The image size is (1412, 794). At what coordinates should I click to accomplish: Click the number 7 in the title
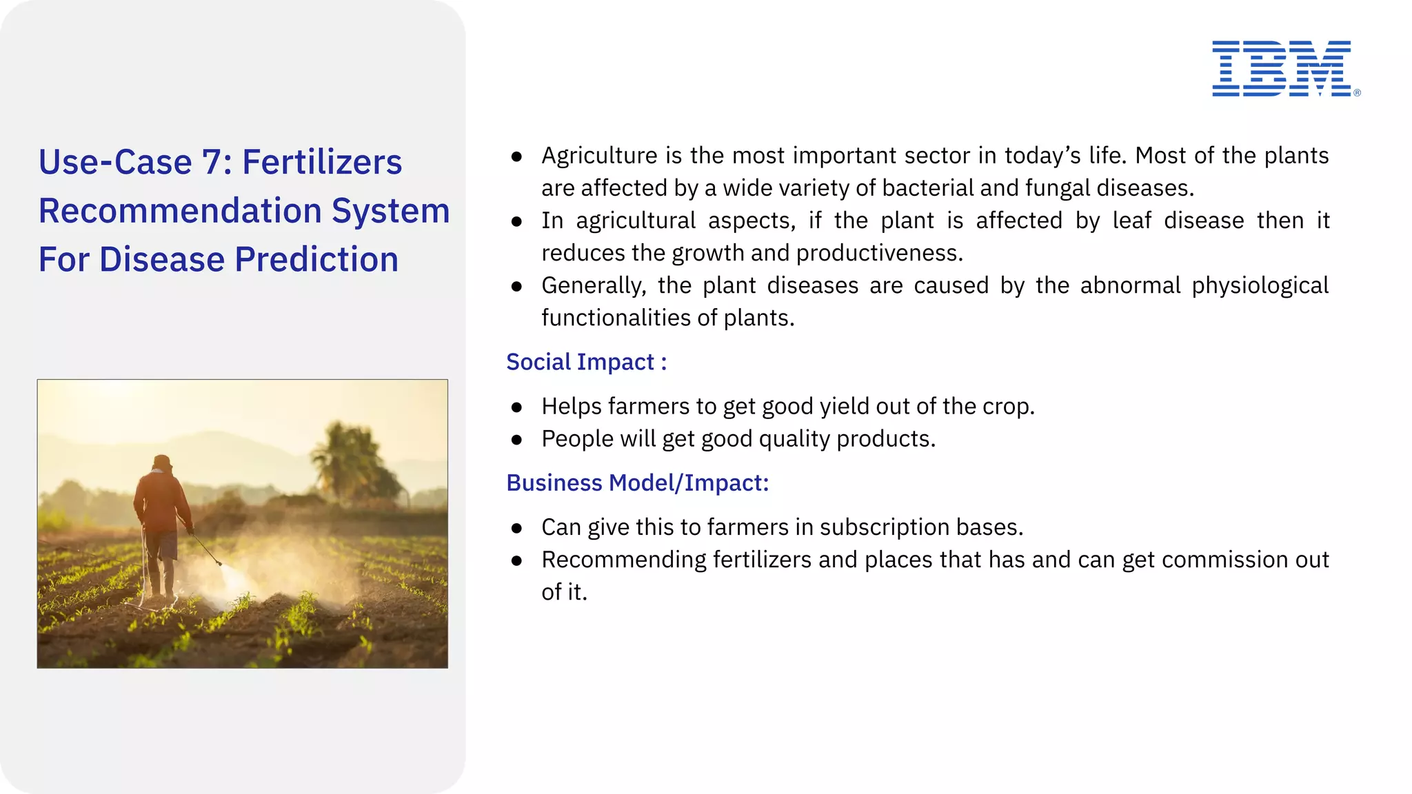click(211, 163)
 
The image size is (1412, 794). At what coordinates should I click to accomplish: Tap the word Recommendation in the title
click(180, 211)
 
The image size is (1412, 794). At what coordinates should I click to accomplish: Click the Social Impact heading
click(586, 362)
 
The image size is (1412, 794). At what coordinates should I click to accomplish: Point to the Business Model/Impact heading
click(637, 482)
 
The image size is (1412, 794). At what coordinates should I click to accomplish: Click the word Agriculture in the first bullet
click(599, 156)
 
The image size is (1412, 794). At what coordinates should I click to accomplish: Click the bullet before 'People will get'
click(517, 440)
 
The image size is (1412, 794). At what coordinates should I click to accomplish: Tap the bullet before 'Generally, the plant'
click(517, 286)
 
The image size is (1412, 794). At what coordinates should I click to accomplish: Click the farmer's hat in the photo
click(162, 461)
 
